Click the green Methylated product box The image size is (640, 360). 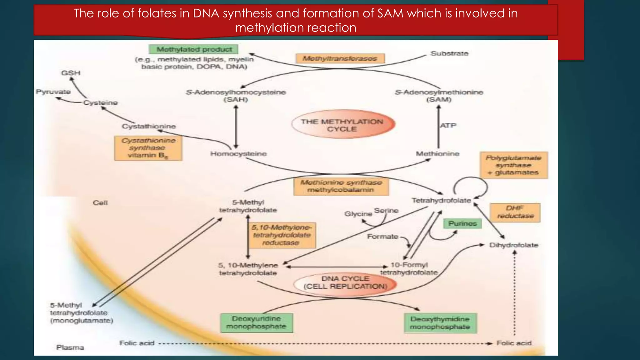click(x=194, y=49)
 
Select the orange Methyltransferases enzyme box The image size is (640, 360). click(x=340, y=58)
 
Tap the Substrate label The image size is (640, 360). click(x=449, y=53)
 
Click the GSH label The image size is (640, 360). click(x=71, y=73)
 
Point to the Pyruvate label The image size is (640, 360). click(x=53, y=92)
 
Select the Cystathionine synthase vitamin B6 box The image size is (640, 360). click(x=148, y=148)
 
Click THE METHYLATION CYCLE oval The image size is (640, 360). click(x=343, y=125)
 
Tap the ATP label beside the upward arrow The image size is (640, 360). click(x=448, y=125)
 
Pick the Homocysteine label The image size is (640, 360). click(x=238, y=154)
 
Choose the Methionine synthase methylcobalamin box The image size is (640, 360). click(x=341, y=186)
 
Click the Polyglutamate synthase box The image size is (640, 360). click(x=513, y=165)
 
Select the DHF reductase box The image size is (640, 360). click(x=515, y=212)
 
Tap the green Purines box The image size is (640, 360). click(x=462, y=223)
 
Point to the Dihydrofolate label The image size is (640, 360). click(x=514, y=245)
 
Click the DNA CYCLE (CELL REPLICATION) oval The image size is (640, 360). click(x=345, y=283)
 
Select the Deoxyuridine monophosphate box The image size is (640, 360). click(x=257, y=322)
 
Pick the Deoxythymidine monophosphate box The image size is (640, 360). click(x=440, y=323)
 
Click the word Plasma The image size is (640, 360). click(x=70, y=347)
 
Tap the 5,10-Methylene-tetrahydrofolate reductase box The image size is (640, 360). click(x=281, y=235)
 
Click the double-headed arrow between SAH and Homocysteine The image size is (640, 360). click(x=236, y=127)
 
